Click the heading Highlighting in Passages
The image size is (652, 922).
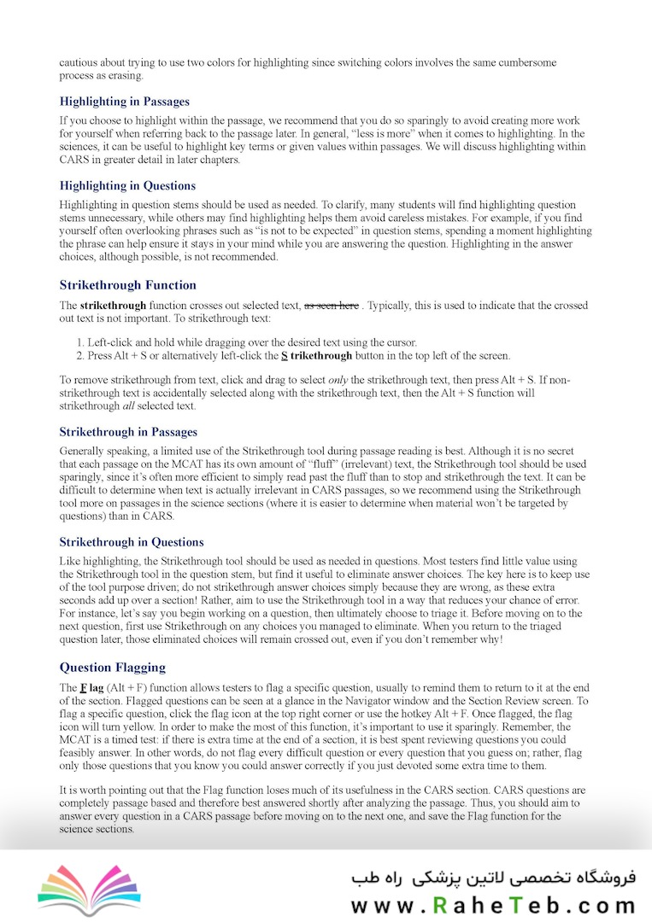coord(124,101)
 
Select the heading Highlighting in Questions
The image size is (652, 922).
coord(127,185)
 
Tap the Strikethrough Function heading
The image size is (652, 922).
coord(127,285)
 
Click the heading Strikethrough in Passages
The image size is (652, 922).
coord(128,432)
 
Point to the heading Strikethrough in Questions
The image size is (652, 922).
coord(132,542)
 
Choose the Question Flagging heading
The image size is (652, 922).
coord(112,667)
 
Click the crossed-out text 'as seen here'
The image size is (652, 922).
coord(332,305)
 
